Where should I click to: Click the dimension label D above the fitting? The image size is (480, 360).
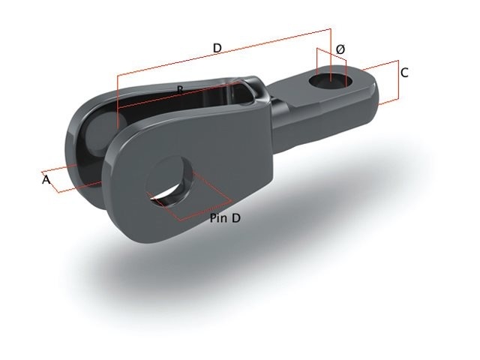click(x=217, y=48)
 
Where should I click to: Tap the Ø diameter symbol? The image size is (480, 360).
click(x=340, y=49)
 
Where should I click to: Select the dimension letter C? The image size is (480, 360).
click(x=404, y=73)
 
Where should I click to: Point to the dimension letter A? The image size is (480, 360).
click(x=46, y=180)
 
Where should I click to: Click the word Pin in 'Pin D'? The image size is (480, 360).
click(x=218, y=218)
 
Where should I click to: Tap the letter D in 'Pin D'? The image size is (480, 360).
click(x=236, y=218)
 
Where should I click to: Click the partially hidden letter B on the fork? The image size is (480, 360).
click(x=180, y=90)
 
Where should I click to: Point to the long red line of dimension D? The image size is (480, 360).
click(x=225, y=52)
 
